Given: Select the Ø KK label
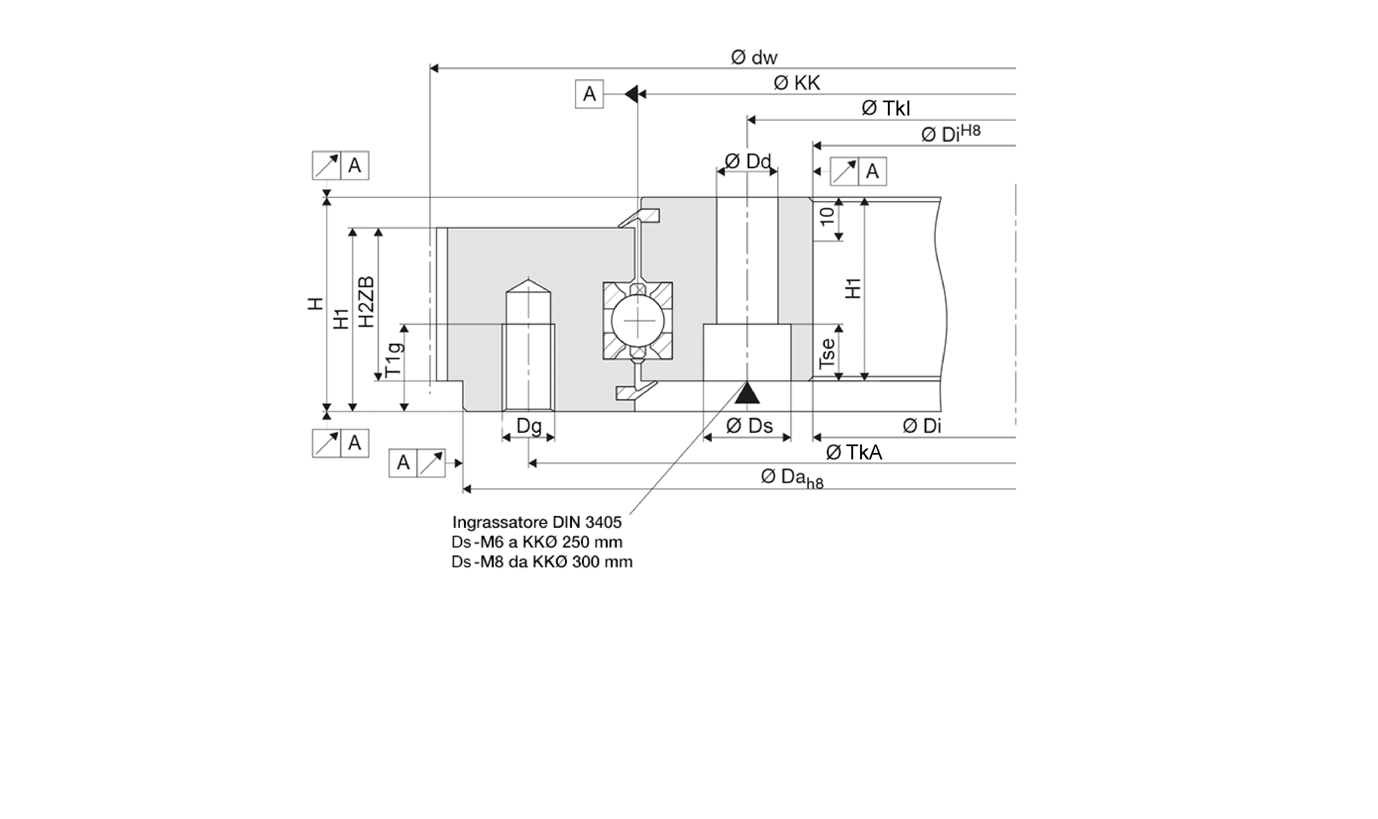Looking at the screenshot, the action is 797,83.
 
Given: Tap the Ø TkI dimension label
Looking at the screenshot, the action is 886,108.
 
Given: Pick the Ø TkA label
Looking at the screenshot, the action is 854,453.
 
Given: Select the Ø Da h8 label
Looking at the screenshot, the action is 792,478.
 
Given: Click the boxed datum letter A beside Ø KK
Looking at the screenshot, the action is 589,94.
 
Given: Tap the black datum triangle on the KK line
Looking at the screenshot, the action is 631,94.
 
